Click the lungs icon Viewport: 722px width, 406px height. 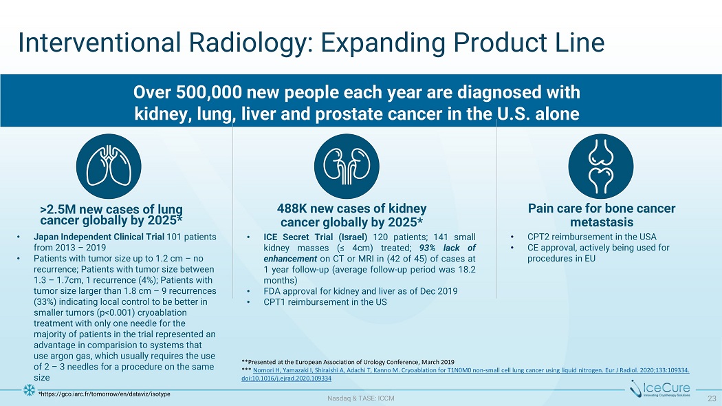click(x=109, y=167)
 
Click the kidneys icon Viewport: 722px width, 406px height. click(x=347, y=167)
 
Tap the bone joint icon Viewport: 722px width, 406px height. click(x=601, y=167)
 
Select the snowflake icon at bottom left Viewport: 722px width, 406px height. click(x=29, y=390)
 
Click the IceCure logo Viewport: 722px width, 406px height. click(x=660, y=389)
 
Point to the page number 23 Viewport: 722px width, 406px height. click(x=712, y=398)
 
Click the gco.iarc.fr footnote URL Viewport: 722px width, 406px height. click(x=104, y=394)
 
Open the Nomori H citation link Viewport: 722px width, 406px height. click(x=465, y=374)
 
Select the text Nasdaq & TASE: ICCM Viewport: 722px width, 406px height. click(x=360, y=398)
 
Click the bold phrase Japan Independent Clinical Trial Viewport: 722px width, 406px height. click(x=99, y=237)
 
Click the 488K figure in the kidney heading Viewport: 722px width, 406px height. click(x=291, y=209)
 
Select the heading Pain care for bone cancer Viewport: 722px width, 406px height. click(x=602, y=209)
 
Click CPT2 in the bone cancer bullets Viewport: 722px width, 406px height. click(x=538, y=237)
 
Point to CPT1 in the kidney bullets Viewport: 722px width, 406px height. click(x=274, y=302)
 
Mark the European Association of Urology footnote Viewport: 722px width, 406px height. click(x=348, y=362)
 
